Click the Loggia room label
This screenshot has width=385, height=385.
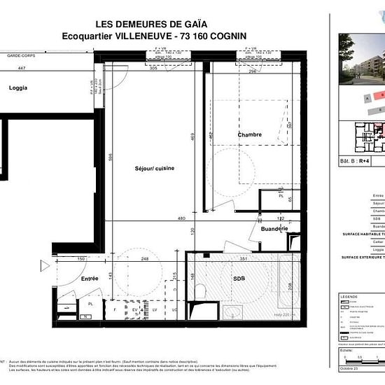(x=19, y=88)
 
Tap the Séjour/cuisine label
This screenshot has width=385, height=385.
(x=155, y=169)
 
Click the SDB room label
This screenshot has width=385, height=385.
(x=239, y=280)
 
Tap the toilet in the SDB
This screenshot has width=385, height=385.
(x=200, y=290)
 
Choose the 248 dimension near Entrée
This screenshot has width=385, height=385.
(x=144, y=259)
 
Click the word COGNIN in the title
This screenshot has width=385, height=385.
(x=232, y=36)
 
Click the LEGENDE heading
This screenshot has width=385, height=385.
(x=349, y=296)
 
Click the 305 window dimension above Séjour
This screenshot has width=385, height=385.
(x=153, y=68)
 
